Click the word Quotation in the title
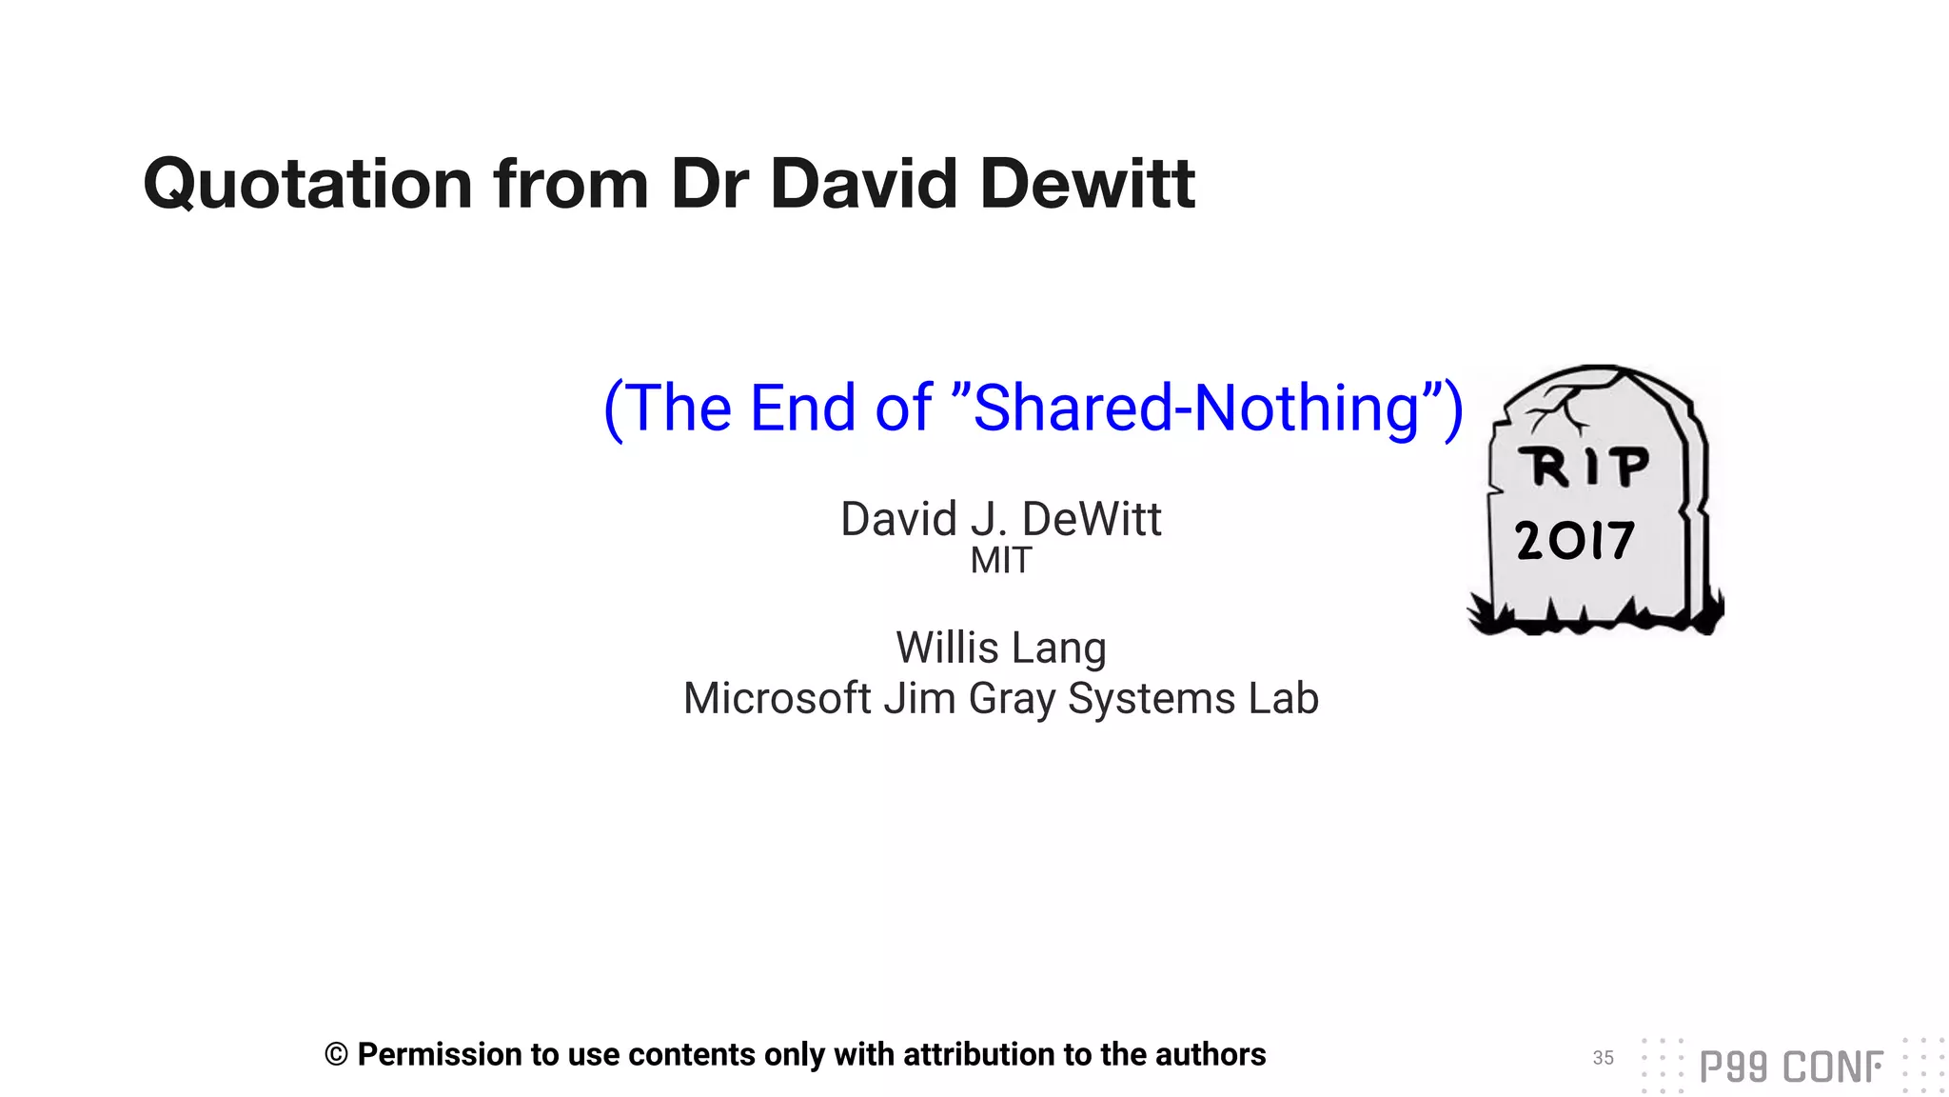point(307,184)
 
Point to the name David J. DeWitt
point(1000,519)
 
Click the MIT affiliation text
point(1000,561)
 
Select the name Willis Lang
point(1000,648)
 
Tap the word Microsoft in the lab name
point(777,698)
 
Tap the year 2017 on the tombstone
point(1575,541)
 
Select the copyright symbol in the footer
point(336,1055)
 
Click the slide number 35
point(1603,1058)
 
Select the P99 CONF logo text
point(1790,1067)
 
